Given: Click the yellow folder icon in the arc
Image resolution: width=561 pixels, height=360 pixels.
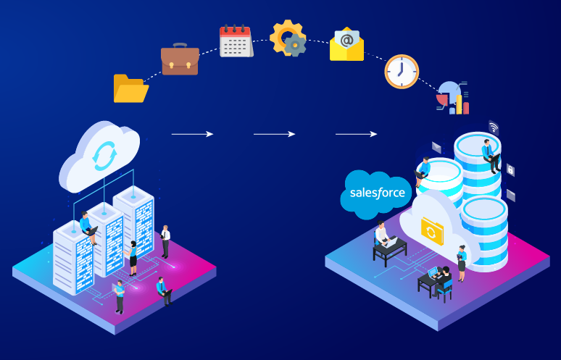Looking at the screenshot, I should pos(130,88).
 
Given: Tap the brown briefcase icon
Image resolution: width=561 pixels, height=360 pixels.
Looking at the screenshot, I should pos(180,59).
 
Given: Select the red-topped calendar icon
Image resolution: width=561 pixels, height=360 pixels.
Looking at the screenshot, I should pos(235,41).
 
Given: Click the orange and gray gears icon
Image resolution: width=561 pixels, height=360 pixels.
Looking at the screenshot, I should pos(288,38).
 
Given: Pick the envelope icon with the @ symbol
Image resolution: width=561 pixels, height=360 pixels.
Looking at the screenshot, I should pos(346,45).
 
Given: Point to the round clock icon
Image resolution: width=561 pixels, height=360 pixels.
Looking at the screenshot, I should pos(401,71).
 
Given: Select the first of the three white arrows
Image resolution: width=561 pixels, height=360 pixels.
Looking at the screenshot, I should pos(192,134).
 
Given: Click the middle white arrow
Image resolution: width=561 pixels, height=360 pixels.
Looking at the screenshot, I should pos(274,134).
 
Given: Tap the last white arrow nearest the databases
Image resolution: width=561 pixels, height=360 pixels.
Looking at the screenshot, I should pos(356,134).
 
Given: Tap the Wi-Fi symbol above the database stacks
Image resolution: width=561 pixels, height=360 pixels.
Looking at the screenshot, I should pos(494,127).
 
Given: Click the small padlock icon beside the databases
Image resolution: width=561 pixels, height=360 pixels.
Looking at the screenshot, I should pos(511,169).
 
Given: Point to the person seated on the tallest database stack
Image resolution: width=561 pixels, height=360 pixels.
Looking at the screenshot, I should pos(491,155).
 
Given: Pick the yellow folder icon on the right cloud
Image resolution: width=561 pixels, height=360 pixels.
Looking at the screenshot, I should pos(431,231).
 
